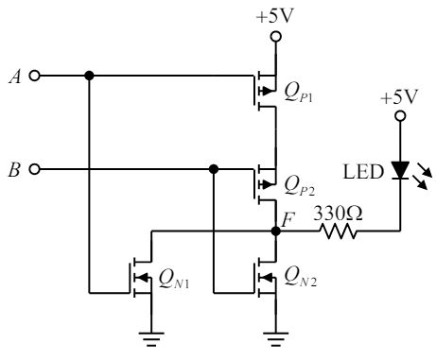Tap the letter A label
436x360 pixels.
15,76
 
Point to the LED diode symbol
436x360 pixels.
400,170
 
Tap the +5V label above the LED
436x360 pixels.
399,97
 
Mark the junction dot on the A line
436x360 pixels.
88,76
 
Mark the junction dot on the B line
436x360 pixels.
214,169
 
